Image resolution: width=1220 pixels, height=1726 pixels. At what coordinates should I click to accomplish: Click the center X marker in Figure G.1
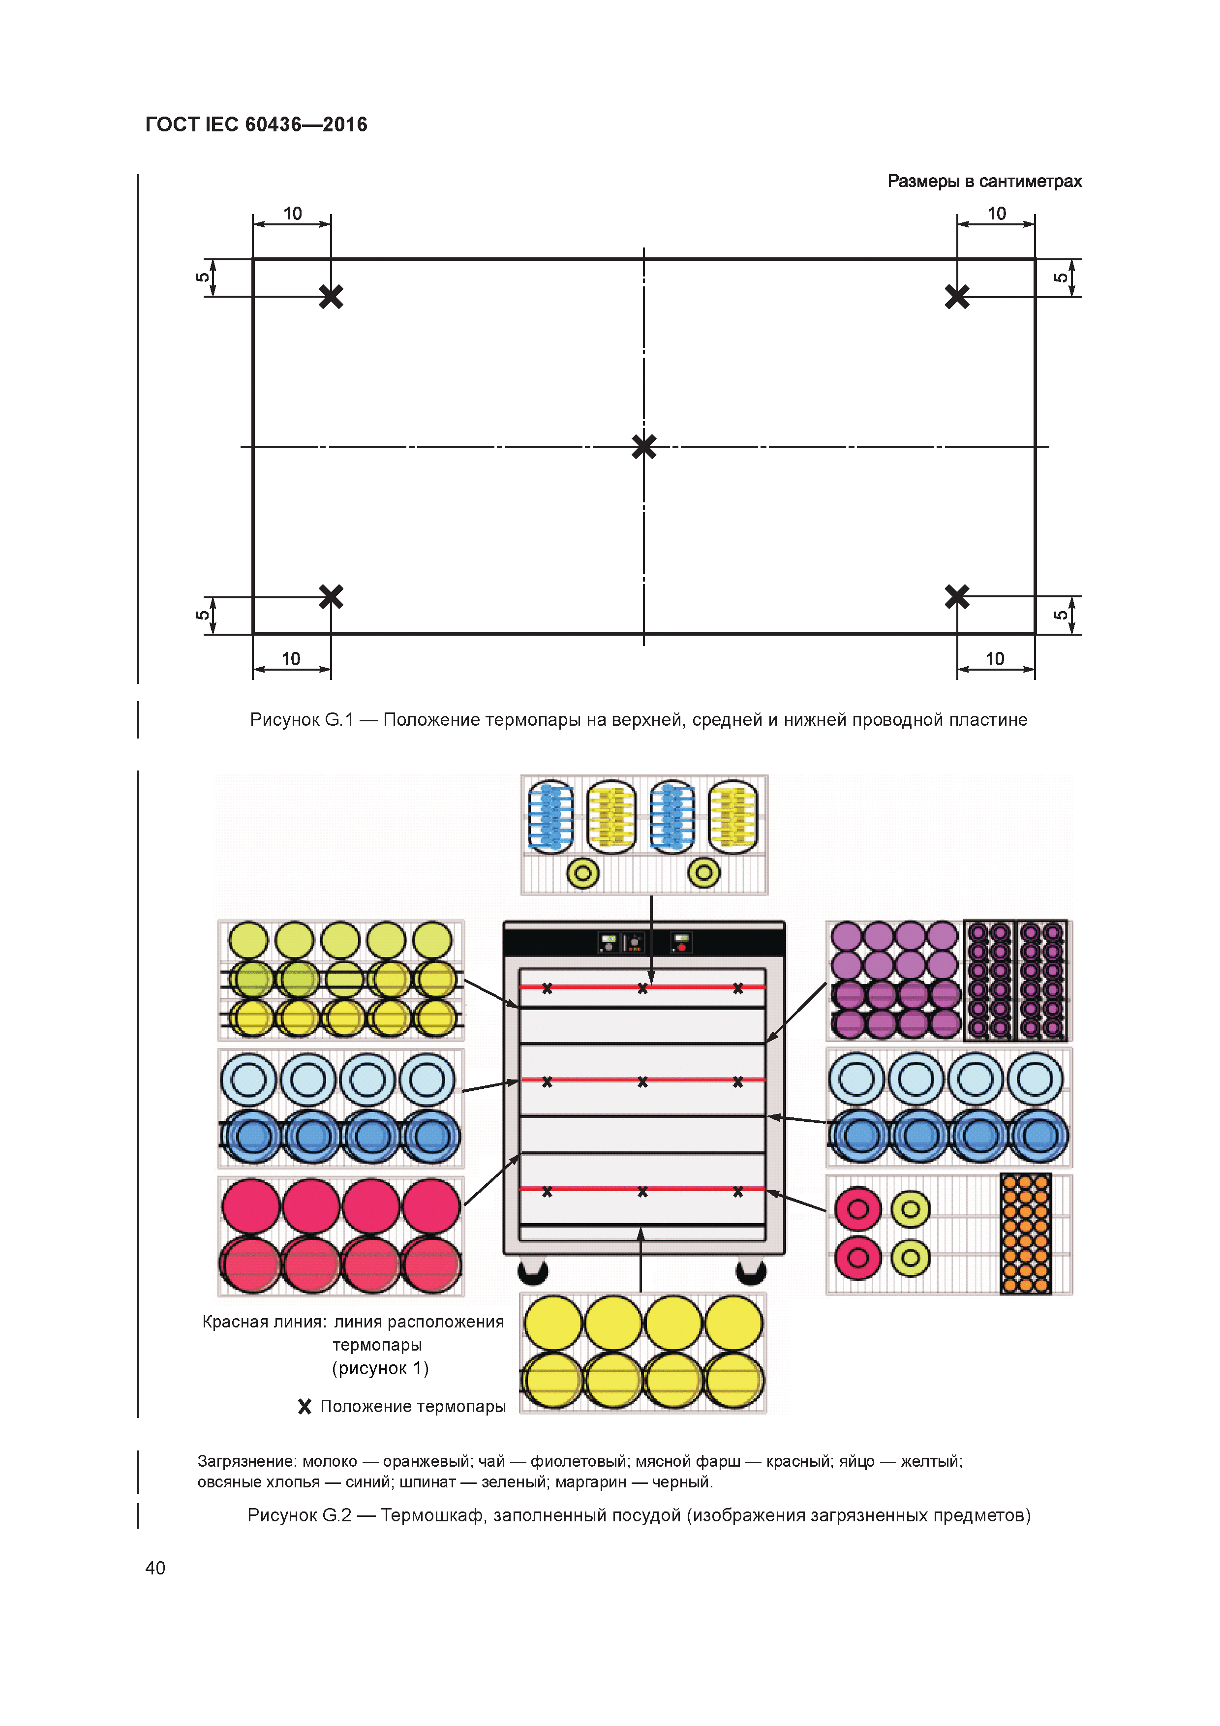643,447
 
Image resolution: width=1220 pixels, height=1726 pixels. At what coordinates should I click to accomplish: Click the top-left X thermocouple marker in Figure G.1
331,296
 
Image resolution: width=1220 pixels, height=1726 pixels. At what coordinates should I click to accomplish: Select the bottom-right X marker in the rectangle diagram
957,597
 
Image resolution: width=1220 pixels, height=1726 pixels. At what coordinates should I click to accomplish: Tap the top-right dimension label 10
996,214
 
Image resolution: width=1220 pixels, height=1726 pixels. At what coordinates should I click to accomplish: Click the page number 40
155,1568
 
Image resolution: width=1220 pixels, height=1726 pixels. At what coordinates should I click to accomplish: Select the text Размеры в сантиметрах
984,181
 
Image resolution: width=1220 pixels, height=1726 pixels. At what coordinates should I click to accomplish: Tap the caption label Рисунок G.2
299,1515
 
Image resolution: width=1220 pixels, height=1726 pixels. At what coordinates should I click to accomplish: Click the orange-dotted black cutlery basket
1025,1233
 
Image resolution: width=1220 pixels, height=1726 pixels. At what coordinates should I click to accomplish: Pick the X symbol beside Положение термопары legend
305,1407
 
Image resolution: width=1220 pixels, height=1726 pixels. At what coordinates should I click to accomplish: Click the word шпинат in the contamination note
427,1481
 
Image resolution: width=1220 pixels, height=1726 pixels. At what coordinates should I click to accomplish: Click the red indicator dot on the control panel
682,947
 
